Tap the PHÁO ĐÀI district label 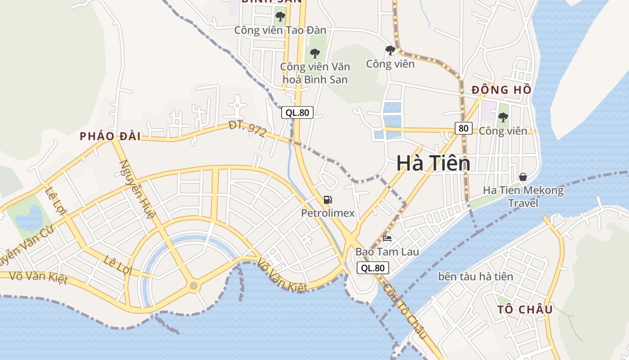[x=110, y=136]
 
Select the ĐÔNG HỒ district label [x=501, y=90]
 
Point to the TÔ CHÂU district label [x=525, y=310]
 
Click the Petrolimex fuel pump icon [x=328, y=200]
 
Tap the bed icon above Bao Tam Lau [x=387, y=238]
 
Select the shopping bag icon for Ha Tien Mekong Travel [x=523, y=176]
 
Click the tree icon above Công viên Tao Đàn [x=280, y=17]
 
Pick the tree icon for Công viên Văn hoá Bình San [x=314, y=54]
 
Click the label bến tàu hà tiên [x=475, y=276]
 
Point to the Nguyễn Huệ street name [x=134, y=189]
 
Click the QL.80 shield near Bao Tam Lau [x=372, y=268]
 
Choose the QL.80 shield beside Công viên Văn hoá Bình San [x=297, y=112]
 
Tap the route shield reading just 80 [x=463, y=128]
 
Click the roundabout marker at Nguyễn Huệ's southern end [x=193, y=285]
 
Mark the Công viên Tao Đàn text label [x=280, y=30]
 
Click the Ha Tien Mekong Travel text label [x=523, y=197]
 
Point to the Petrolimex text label [x=328, y=213]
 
